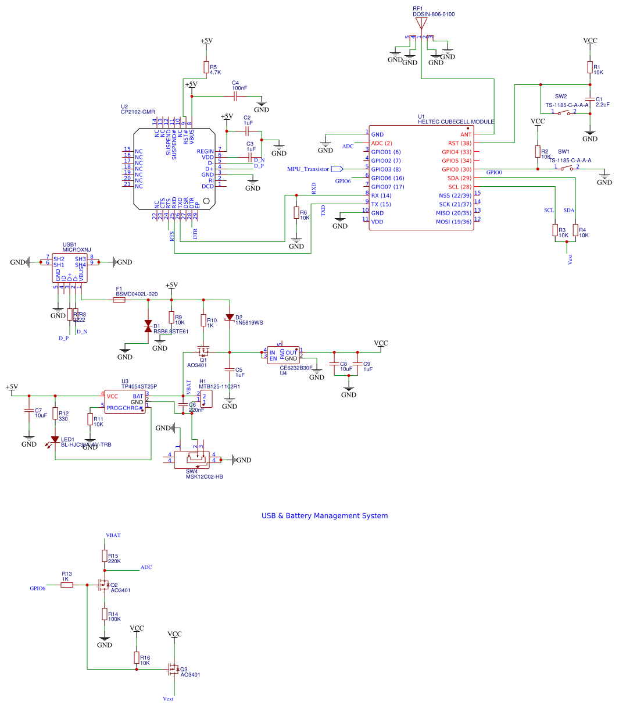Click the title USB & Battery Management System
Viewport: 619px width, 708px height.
tap(324, 515)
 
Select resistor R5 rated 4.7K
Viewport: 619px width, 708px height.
tap(206, 67)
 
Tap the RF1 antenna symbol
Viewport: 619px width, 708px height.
tap(421, 24)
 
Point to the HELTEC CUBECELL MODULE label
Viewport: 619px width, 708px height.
tap(456, 122)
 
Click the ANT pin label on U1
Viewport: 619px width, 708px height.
tap(466, 134)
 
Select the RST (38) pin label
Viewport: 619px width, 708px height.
tap(459, 143)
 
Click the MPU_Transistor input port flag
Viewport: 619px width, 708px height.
tap(337, 169)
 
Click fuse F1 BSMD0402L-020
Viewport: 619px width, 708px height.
tap(119, 300)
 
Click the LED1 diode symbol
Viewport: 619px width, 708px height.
tap(55, 440)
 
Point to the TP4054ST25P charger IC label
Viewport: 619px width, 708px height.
tap(139, 386)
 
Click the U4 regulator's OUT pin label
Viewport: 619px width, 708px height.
tap(291, 353)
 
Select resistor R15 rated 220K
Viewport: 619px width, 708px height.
tap(105, 557)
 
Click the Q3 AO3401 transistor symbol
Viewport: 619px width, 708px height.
tap(173, 669)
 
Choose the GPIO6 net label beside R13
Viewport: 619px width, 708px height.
tap(38, 588)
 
